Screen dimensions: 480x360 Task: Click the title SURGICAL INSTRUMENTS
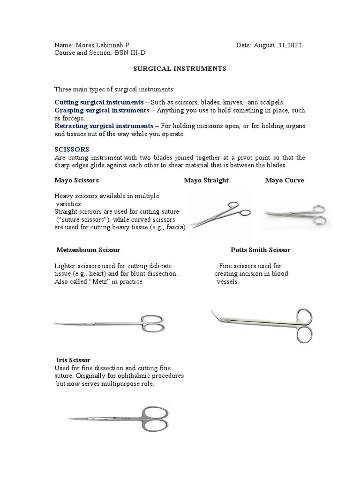pyautogui.click(x=180, y=69)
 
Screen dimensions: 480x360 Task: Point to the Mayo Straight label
pyautogui.click(x=206, y=180)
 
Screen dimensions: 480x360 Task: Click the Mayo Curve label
pyautogui.click(x=285, y=180)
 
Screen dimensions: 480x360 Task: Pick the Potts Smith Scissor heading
pyautogui.click(x=260, y=250)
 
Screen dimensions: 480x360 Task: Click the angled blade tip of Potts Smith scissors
pyautogui.click(x=214, y=313)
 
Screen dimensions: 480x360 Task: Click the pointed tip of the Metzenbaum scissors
pyautogui.click(x=56, y=323)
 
